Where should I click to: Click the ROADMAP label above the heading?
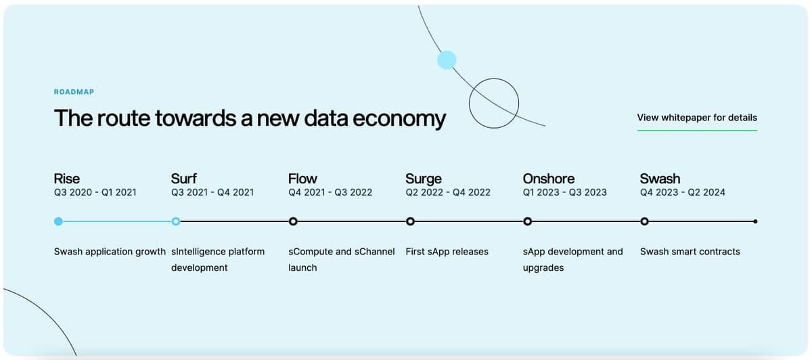pos(74,92)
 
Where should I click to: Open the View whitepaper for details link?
pos(697,118)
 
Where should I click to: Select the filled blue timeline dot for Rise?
pos(58,221)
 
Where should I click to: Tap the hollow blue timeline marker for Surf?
pos(176,221)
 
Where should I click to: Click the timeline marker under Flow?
pos(293,221)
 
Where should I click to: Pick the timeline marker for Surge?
pos(410,221)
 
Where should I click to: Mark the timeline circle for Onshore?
pos(527,221)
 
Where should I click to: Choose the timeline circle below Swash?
pos(644,221)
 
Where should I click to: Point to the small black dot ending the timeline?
pos(755,221)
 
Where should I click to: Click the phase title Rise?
pos(67,179)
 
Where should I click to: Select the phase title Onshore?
pos(549,179)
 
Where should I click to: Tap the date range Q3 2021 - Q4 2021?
pos(212,192)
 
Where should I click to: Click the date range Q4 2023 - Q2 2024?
pos(683,192)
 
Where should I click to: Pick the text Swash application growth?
pos(110,252)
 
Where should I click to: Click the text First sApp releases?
pos(447,252)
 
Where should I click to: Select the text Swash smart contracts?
pos(690,252)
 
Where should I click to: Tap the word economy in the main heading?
pos(399,118)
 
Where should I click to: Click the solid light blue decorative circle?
pos(447,60)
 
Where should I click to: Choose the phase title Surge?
pos(424,179)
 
